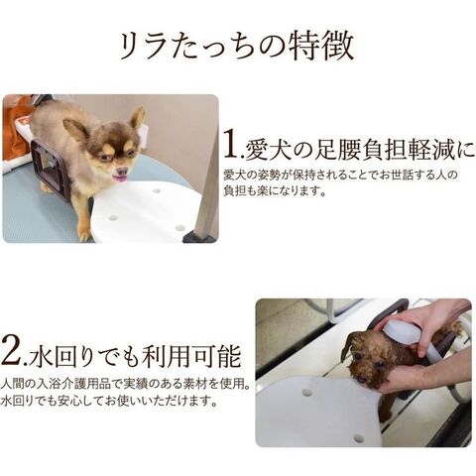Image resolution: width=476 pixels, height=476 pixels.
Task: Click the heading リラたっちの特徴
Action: tap(237, 47)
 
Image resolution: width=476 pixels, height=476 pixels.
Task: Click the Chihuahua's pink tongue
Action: tap(119, 178)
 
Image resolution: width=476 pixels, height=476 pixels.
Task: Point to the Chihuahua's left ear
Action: tap(137, 119)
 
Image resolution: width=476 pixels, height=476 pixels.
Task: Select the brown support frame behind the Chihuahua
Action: tap(48, 167)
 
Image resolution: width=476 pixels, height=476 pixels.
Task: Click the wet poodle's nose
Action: tap(362, 378)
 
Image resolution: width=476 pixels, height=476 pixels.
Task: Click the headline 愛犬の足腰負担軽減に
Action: tap(359, 150)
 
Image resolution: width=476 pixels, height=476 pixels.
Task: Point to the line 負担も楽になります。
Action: tap(275, 191)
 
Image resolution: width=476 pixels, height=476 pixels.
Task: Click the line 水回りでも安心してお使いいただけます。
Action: tap(109, 402)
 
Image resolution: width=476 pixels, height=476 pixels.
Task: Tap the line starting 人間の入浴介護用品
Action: tap(125, 384)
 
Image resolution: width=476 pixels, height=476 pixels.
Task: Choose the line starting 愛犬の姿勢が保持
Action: tap(340, 175)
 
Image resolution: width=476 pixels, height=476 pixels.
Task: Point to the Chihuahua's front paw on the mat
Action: tap(84, 234)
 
